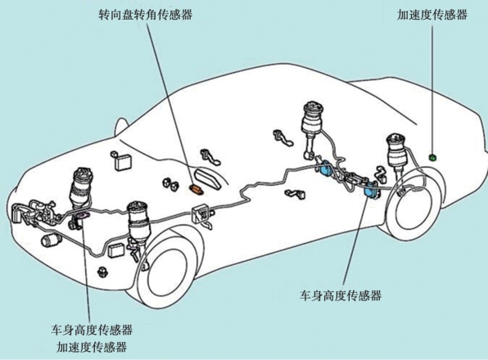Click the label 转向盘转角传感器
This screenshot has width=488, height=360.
pos(146,14)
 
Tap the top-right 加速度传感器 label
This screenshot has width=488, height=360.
pos(432,14)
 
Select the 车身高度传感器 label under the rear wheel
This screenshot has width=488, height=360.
pos(341,295)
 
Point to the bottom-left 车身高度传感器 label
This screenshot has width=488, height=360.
pos(92,330)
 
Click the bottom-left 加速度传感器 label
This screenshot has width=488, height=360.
pos(92,347)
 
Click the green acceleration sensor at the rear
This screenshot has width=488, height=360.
pos(432,158)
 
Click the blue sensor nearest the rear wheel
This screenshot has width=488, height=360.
pos(372,190)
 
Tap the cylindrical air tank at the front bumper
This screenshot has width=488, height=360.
pos(52,241)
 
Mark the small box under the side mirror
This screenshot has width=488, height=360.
pos(123,161)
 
